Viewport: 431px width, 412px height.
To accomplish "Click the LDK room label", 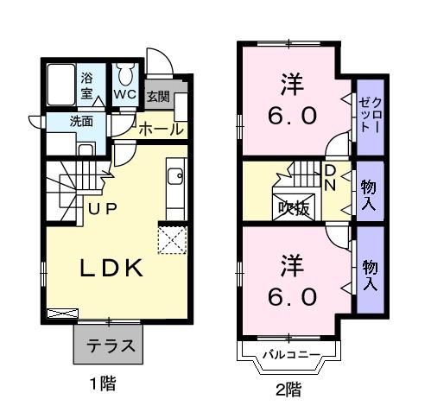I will click(111, 269).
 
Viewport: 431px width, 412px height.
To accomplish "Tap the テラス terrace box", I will click(110, 347).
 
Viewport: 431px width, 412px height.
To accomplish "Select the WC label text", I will click(124, 93).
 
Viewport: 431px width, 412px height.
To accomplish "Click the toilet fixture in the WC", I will click(124, 75).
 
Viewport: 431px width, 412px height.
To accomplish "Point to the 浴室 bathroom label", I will click(88, 86).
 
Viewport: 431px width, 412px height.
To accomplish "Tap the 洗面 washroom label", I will click(83, 123).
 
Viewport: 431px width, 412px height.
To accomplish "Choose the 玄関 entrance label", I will click(158, 96).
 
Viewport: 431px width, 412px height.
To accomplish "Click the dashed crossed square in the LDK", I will click(171, 238).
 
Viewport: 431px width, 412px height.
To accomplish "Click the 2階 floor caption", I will click(289, 390).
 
